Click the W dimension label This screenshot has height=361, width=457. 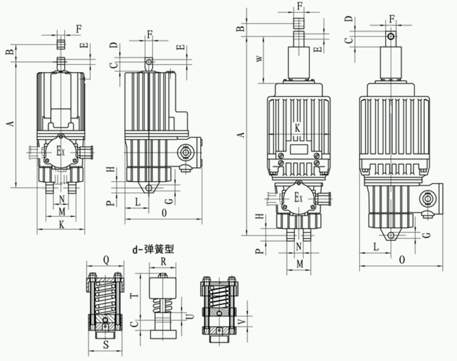coord(259,58)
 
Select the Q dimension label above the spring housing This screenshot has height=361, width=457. coord(106,261)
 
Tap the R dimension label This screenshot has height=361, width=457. coord(164,262)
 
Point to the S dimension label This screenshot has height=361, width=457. coord(106,345)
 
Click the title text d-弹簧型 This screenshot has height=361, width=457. coord(153,249)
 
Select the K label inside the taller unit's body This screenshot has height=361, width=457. coord(298,128)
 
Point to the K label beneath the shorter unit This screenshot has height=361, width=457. coord(61,225)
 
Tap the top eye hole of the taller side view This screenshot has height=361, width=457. coord(392,36)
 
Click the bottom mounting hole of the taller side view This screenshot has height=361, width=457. coord(391,236)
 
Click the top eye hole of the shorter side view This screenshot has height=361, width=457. coord(149,62)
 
